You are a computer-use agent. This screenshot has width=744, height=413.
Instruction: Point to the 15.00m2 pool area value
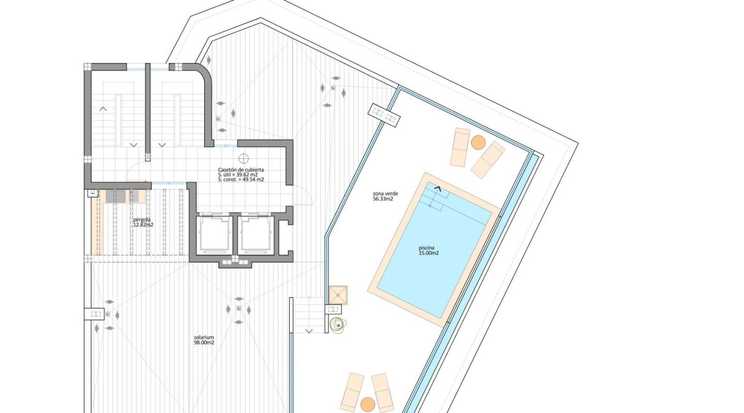point(429,253)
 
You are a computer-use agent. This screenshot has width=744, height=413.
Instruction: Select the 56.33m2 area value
point(383,199)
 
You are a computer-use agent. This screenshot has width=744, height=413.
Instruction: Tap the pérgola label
point(142,219)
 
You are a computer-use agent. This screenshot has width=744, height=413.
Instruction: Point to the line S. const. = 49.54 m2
point(241,180)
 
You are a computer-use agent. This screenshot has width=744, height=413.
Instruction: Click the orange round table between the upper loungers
point(478,142)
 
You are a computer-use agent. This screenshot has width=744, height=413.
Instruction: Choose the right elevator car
point(256,234)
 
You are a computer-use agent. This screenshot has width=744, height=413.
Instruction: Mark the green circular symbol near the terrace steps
point(338,324)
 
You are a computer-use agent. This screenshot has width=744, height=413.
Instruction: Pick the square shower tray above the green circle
point(338,295)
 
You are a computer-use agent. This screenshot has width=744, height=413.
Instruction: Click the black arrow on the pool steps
point(438,189)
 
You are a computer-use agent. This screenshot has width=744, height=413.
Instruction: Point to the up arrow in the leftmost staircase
point(103,108)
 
